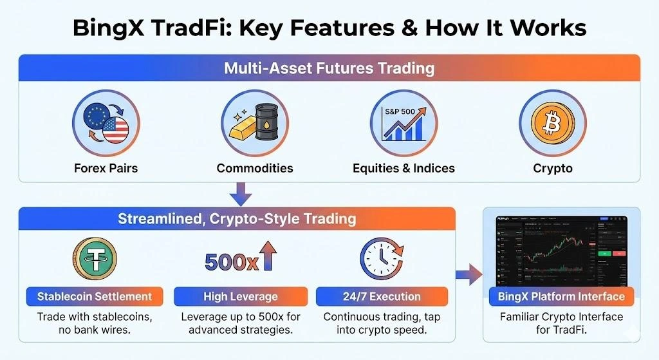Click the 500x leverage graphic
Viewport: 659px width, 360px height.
tap(240, 260)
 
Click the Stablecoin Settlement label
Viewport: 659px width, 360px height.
tap(95, 297)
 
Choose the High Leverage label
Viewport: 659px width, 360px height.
tap(240, 297)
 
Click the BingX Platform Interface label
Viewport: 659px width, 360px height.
tap(561, 297)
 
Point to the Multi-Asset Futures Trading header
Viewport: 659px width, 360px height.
tap(329, 68)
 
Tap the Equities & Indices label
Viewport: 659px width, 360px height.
tap(404, 168)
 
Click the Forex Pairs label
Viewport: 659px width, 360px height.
tap(106, 168)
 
